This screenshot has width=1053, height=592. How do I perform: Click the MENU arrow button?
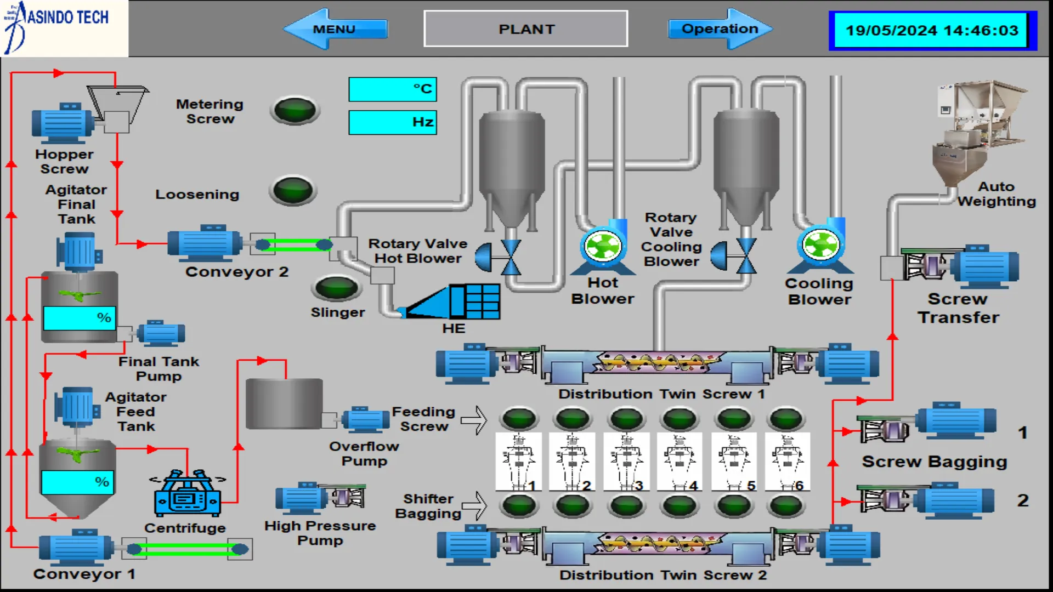(x=335, y=29)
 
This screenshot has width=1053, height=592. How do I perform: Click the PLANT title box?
(x=526, y=29)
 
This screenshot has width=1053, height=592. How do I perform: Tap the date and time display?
(x=932, y=31)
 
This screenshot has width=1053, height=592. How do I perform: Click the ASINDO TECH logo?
(x=64, y=28)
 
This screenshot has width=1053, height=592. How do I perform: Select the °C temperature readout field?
(x=393, y=89)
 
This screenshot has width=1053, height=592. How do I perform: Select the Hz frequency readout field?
(x=393, y=122)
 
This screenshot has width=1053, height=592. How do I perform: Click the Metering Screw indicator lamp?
(x=295, y=110)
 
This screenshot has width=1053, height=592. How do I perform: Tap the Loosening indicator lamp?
(x=293, y=191)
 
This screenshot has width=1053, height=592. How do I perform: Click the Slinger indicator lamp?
(x=337, y=288)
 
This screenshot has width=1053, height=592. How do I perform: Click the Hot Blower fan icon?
(x=603, y=246)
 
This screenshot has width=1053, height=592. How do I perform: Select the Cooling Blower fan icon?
(x=820, y=245)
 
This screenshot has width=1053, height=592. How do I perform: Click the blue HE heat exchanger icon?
(x=453, y=301)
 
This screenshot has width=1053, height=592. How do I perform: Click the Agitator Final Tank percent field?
(x=80, y=318)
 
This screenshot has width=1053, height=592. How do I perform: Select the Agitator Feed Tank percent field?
(x=77, y=482)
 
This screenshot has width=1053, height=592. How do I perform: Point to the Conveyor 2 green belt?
(x=294, y=245)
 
